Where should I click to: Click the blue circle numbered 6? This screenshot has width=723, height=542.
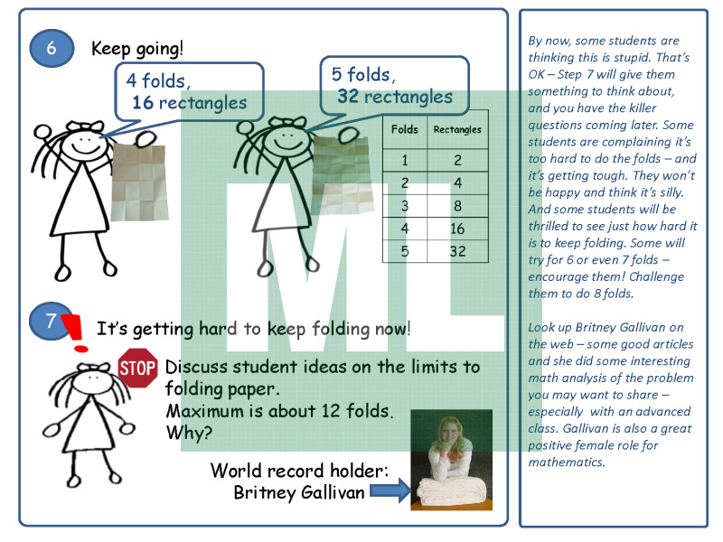[52, 48]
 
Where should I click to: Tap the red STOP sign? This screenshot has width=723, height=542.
[137, 368]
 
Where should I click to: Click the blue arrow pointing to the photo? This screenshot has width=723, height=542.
[390, 490]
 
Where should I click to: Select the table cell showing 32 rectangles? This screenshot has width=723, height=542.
[457, 251]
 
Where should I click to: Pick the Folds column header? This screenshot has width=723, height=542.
[405, 129]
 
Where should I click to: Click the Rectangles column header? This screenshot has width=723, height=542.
[457, 129]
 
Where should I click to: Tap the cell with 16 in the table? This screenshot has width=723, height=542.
[457, 229]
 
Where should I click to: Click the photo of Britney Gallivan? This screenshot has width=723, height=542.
[451, 460]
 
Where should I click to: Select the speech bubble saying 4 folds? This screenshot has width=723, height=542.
[189, 92]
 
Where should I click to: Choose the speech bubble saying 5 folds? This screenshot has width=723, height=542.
[394, 86]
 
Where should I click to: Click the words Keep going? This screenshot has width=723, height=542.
[137, 49]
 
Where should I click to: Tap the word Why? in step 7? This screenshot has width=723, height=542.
[189, 433]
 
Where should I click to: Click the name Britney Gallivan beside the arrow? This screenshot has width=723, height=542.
[299, 492]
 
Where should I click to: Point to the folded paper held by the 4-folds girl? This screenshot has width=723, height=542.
[139, 182]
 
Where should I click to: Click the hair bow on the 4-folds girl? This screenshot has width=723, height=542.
[86, 126]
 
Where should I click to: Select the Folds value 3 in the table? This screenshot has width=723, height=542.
[405, 206]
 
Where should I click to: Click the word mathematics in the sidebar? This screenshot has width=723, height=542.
[566, 462]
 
